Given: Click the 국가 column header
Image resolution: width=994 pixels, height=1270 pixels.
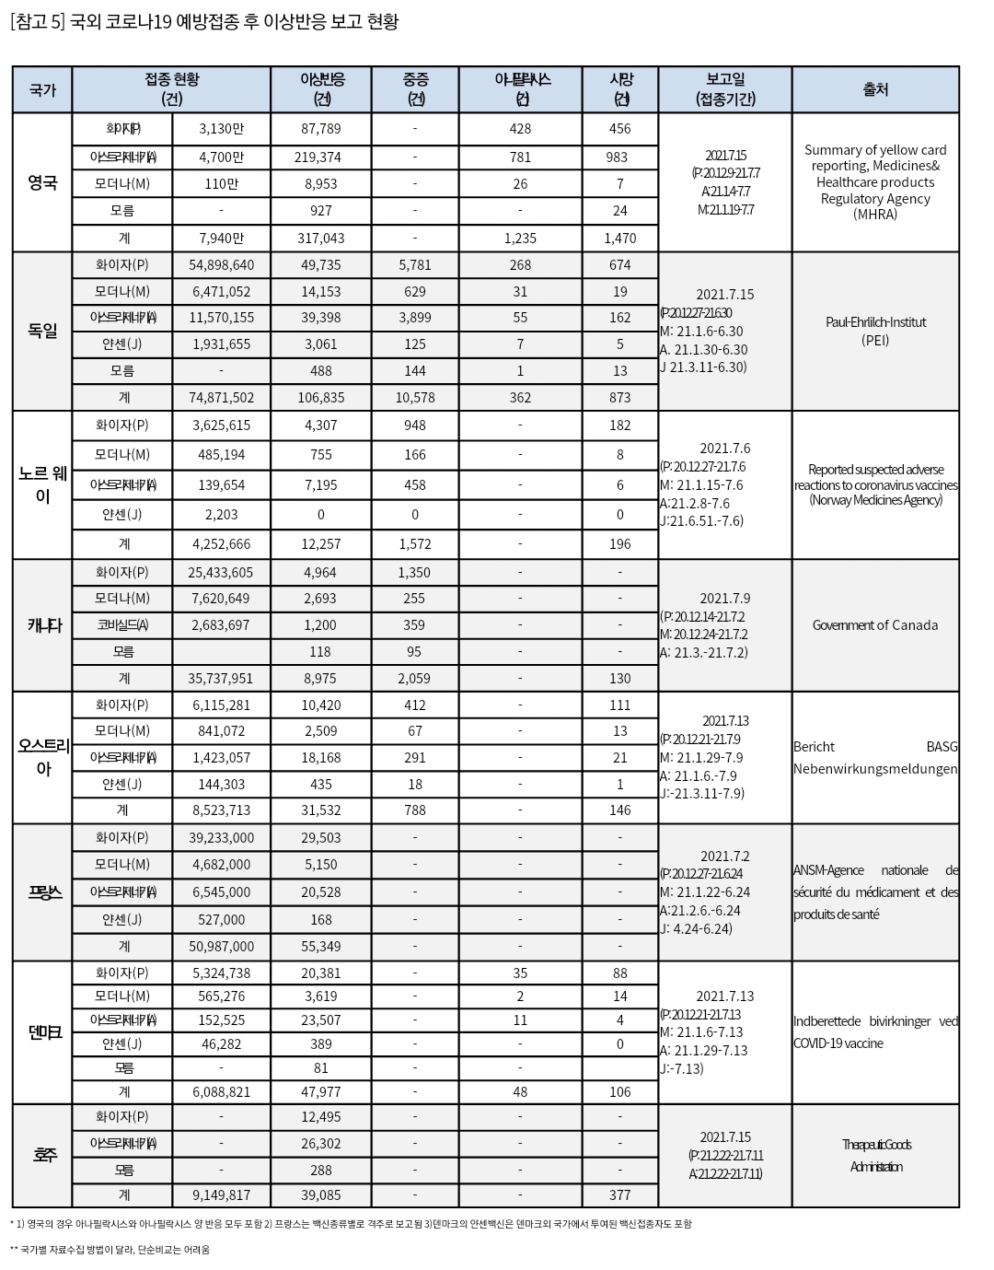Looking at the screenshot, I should (42, 90).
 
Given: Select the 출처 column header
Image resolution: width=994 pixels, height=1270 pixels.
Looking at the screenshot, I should (875, 90).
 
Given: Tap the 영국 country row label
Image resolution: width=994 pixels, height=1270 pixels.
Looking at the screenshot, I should (42, 182).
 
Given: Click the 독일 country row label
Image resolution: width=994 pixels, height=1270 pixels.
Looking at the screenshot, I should (42, 331).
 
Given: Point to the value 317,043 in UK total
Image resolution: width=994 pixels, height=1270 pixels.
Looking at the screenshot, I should (320, 239).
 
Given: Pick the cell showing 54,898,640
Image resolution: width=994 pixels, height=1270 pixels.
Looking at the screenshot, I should (221, 265).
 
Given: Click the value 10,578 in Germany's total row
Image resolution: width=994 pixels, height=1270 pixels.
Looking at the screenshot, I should (414, 398).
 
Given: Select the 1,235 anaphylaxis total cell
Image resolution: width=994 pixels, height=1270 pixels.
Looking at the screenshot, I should (520, 239).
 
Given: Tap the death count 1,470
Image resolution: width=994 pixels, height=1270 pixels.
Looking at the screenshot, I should (619, 239).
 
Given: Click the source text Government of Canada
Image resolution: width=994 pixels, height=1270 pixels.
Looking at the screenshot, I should (875, 625).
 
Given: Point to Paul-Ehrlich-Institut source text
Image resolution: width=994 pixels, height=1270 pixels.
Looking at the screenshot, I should (875, 322).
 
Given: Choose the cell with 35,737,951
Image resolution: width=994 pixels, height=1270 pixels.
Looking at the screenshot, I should (221, 679).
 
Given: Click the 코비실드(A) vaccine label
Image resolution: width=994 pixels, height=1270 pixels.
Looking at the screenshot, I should (122, 625).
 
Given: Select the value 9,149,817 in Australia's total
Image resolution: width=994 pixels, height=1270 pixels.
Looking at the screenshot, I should (221, 1195).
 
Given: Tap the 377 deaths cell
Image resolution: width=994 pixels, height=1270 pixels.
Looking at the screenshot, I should (619, 1195).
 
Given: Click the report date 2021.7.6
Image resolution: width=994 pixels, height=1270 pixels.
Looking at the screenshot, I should (724, 449).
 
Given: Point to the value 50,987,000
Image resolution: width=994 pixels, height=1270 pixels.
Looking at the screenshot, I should (221, 947).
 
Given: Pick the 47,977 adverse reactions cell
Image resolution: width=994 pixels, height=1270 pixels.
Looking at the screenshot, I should (320, 1092).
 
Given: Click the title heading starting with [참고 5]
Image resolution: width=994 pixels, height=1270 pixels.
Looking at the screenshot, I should (203, 22).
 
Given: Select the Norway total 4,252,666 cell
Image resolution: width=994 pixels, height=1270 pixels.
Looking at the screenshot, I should (221, 544).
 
